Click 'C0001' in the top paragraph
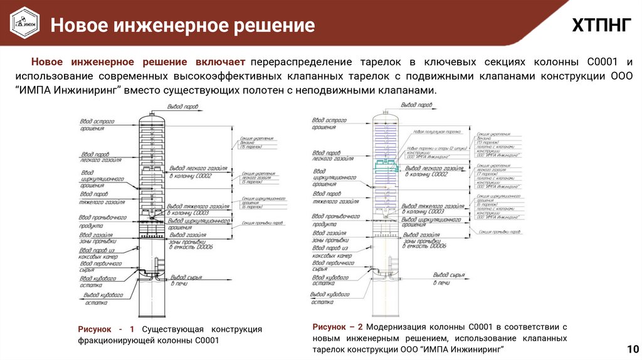(602, 62)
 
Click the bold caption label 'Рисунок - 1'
(106, 329)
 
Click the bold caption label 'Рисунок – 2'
(337, 327)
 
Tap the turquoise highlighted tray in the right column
(387, 166)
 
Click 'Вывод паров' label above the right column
(416, 105)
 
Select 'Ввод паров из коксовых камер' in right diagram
(332, 253)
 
